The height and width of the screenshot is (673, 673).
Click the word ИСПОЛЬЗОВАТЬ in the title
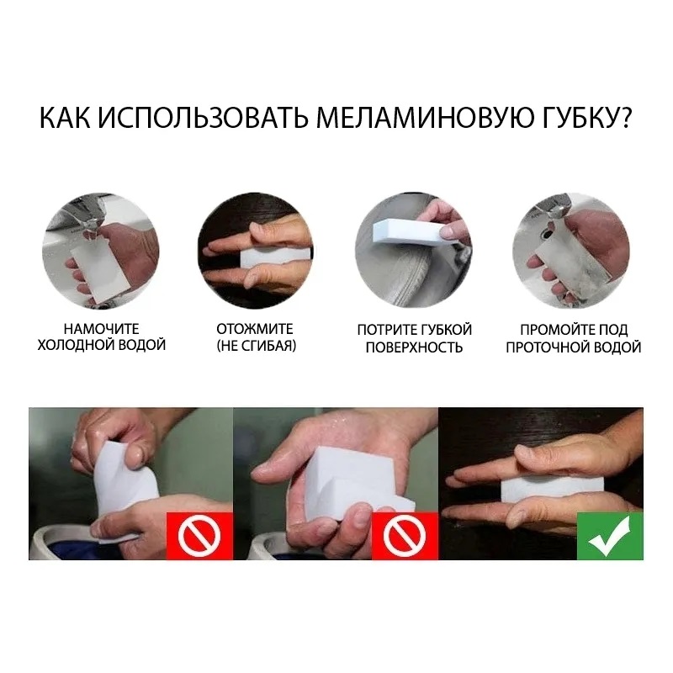tap(204, 119)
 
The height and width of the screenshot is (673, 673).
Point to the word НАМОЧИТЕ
tap(102, 329)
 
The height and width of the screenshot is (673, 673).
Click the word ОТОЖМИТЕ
tap(254, 329)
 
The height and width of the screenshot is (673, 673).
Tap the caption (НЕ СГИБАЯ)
tap(255, 346)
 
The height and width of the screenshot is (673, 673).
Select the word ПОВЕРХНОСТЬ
tap(414, 347)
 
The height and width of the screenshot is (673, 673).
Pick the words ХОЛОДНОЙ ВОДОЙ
tap(102, 346)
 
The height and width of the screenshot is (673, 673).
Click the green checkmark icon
tap(610, 535)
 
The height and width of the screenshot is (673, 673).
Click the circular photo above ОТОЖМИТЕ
tap(255, 250)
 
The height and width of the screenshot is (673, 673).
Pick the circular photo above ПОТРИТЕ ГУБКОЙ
tap(413, 250)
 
